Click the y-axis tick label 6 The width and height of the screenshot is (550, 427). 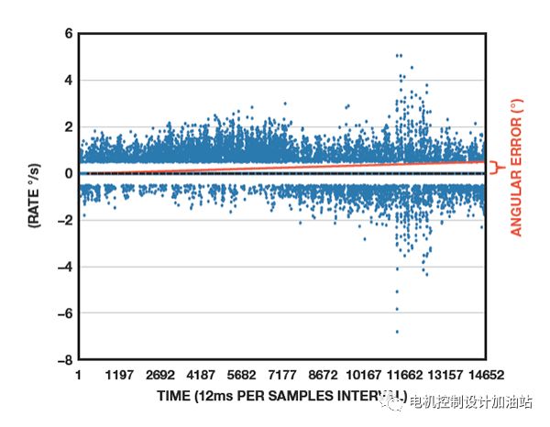[68, 34]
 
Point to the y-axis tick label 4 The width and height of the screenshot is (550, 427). [68, 80]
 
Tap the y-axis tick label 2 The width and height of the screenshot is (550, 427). [68, 126]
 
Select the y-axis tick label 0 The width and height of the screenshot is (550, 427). [68, 173]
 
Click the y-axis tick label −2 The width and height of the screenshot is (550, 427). [64, 220]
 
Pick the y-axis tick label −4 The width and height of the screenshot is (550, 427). [64, 267]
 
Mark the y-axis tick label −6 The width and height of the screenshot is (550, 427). [64, 313]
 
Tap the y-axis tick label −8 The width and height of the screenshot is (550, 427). [64, 360]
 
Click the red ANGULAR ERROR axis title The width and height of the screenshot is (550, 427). [516, 169]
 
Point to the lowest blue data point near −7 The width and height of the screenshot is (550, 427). [397, 332]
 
